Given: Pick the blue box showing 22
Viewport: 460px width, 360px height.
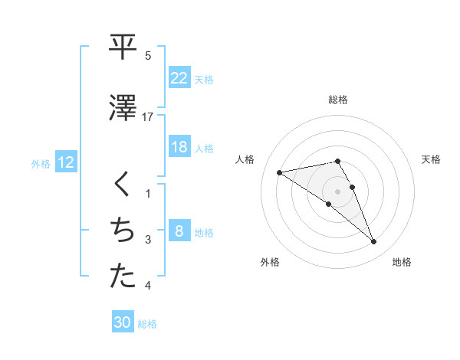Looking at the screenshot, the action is pos(179,77).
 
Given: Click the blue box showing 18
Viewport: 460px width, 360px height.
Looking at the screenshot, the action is pos(179,147).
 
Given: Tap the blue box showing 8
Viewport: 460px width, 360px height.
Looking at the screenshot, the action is pos(179,231).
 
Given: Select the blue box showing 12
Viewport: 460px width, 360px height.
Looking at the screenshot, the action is pos(65,162).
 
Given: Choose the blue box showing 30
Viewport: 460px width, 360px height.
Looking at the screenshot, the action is pos(122,323).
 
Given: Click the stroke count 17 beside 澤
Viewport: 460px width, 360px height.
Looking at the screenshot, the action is pos(148,117).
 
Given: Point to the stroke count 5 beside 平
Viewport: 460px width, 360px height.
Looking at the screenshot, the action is pos(148,56).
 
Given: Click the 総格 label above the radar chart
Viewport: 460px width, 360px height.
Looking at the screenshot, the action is pos(338,100).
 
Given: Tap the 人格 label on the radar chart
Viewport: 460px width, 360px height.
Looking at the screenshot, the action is pos(246,159).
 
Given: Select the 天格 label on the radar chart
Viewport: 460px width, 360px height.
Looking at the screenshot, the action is pos(431,159).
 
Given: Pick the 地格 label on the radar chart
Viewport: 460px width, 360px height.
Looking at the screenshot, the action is pos(402,262).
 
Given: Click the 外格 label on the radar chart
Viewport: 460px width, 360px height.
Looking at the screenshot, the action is pos(270,262).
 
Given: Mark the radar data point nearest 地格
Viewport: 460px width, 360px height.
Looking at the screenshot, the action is pos(374,242).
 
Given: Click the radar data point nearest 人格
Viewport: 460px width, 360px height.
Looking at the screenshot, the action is pos(280,172).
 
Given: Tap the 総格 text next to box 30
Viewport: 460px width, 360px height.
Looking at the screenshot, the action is pos(147,324).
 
